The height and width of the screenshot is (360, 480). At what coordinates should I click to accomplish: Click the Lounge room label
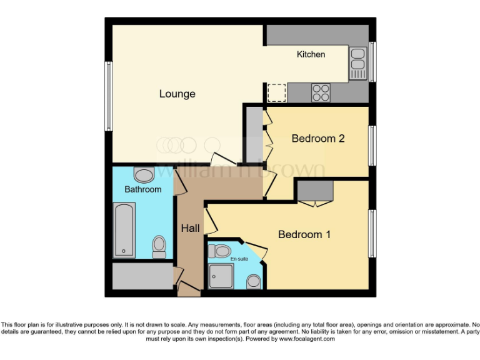pos(177,94)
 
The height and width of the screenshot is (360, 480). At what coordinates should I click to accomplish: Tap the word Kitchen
pos(311,54)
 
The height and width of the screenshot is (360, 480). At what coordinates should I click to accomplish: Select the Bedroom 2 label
pos(318,139)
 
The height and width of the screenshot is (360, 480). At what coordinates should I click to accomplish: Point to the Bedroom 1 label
pos(304,234)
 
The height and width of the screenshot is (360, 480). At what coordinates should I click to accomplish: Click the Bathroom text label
pos(142,189)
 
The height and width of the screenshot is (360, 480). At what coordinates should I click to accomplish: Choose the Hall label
pos(191,228)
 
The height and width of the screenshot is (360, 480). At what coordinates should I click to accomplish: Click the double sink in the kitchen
pos(358,63)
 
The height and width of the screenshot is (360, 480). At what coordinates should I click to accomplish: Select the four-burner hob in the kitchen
pos(321,92)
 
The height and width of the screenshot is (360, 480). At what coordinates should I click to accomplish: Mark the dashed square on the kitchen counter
pos(276,92)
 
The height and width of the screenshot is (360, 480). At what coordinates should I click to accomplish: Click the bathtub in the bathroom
pos(124,229)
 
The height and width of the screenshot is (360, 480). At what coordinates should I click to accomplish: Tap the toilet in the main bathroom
pos(159,246)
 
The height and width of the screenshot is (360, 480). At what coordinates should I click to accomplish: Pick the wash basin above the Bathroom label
pos(144,174)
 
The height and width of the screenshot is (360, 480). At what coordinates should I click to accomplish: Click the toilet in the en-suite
pos(221,251)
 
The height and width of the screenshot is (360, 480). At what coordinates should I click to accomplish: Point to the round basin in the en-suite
pos(254,281)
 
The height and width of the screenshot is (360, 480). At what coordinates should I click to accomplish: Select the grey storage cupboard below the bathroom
pos(142,275)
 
